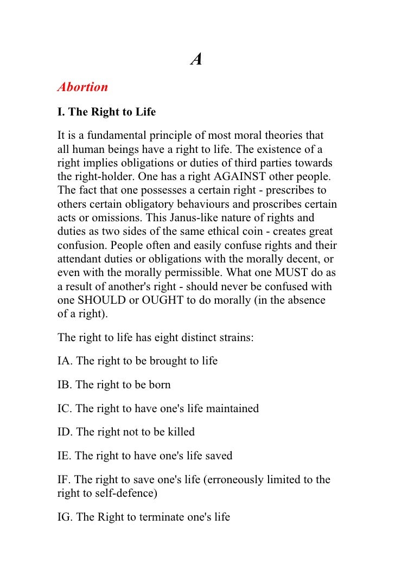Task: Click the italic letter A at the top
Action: [196, 60]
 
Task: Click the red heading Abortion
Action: [83, 87]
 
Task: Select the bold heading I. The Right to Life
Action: [106, 113]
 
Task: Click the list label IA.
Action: [65, 361]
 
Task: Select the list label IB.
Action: [65, 385]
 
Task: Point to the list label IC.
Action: [65, 409]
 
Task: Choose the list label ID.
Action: [65, 433]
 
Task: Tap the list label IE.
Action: [64, 457]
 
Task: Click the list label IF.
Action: [63, 480]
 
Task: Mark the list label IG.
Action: [65, 517]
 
